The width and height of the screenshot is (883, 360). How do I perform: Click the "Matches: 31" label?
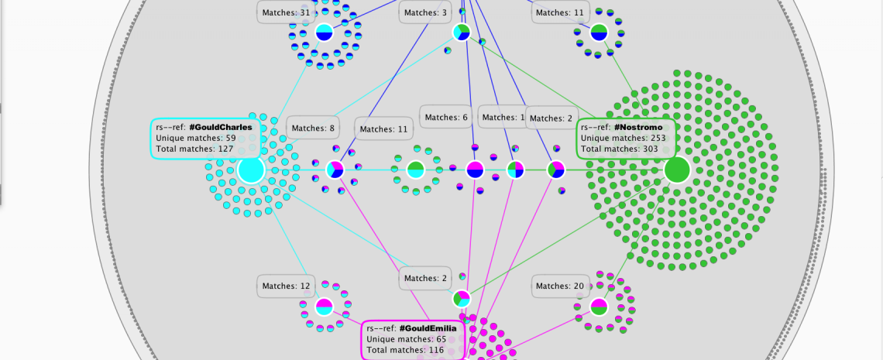[x=286, y=12]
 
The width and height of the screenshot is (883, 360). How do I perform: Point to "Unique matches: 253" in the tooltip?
[x=624, y=138]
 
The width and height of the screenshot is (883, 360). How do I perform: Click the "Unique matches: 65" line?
[x=405, y=339]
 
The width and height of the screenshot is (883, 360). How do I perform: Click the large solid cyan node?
[x=251, y=170]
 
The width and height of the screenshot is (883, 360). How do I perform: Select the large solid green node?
[x=677, y=170]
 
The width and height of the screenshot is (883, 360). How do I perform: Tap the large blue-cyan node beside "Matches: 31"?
[x=325, y=33]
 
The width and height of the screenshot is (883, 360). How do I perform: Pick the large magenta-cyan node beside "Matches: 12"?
[x=325, y=307]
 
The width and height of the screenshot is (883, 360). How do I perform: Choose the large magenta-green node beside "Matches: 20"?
[x=599, y=307]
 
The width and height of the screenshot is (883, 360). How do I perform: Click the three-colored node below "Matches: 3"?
[x=462, y=33]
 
